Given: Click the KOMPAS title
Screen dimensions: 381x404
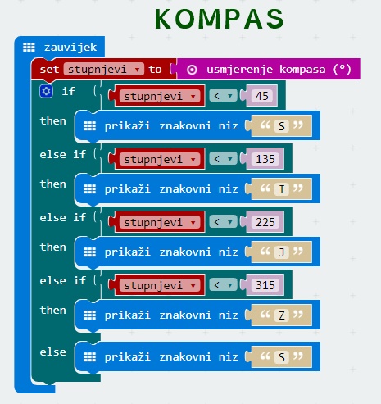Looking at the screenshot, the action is pyautogui.click(x=220, y=19).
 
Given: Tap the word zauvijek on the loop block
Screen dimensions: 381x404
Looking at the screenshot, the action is pyautogui.click(x=70, y=48).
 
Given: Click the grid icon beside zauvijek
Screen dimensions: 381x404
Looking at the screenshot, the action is pyautogui.click(x=29, y=48).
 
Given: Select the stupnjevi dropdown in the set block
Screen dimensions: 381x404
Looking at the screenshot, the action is pyautogui.click(x=104, y=69).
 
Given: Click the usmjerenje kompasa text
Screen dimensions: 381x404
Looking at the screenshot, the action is pyautogui.click(x=266, y=69).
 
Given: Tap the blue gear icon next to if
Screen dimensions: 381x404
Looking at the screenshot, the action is pyautogui.click(x=46, y=91).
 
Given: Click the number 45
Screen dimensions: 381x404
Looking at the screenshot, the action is pyautogui.click(x=262, y=96).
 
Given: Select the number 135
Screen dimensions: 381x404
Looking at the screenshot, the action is pyautogui.click(x=265, y=159).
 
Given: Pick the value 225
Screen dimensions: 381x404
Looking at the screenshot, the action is pyautogui.click(x=265, y=222).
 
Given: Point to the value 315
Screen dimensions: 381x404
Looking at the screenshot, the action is pyautogui.click(x=265, y=285).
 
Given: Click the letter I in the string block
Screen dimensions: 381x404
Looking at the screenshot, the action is pyautogui.click(x=282, y=189).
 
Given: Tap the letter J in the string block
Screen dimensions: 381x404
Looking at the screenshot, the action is pyautogui.click(x=282, y=252).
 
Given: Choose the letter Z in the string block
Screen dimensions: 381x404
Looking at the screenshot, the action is pyautogui.click(x=282, y=315).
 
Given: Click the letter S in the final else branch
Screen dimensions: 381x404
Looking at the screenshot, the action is pyautogui.click(x=282, y=357).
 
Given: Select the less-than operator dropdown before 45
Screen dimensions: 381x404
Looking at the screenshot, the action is pyautogui.click(x=223, y=96).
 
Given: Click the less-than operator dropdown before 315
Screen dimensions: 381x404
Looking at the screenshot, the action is pyautogui.click(x=223, y=285).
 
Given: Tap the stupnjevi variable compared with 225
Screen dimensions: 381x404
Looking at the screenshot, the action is pyautogui.click(x=160, y=222).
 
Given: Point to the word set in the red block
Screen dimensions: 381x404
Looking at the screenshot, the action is pyautogui.click(x=49, y=70).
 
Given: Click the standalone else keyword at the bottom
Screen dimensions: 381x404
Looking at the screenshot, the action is pyautogui.click(x=52, y=352).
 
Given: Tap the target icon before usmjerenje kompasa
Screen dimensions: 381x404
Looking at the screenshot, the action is pyautogui.click(x=192, y=70).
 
